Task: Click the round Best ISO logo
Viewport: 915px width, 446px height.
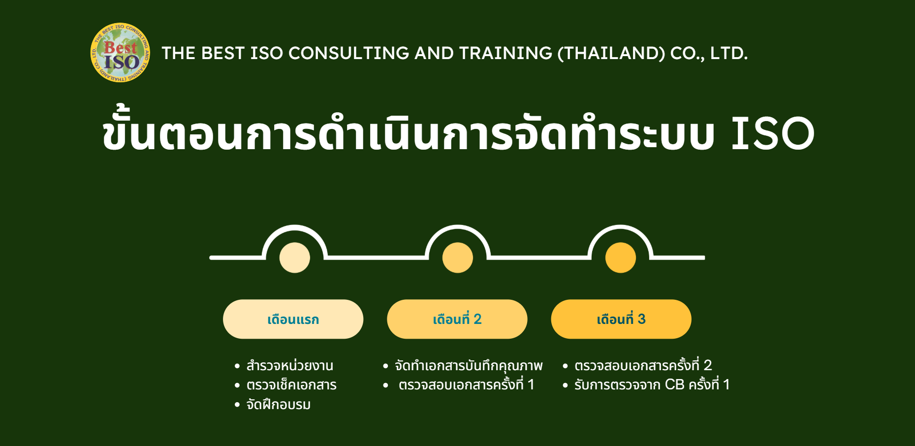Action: click(120, 52)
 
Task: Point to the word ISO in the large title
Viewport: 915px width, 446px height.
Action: click(773, 133)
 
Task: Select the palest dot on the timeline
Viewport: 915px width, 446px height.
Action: click(294, 257)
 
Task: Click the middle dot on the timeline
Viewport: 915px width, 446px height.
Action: click(457, 257)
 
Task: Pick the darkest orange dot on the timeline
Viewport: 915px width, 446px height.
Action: click(620, 257)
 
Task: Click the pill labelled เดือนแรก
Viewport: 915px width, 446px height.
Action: click(293, 319)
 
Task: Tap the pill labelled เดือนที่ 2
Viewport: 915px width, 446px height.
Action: click(457, 319)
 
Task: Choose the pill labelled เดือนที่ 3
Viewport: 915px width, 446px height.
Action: click(621, 319)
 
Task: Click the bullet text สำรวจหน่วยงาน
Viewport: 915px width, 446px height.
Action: click(290, 366)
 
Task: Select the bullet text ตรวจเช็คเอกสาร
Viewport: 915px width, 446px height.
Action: click(291, 385)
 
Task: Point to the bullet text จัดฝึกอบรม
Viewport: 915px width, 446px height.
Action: click(279, 405)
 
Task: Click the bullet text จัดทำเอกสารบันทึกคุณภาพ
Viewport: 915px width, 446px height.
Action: click(469, 366)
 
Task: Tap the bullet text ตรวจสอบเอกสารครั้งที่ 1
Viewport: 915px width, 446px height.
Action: click(466, 384)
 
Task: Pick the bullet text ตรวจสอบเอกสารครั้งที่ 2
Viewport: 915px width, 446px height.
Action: click(643, 365)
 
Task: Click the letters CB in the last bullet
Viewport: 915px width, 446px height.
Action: click(674, 384)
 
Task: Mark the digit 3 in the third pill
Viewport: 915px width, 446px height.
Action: click(641, 319)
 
